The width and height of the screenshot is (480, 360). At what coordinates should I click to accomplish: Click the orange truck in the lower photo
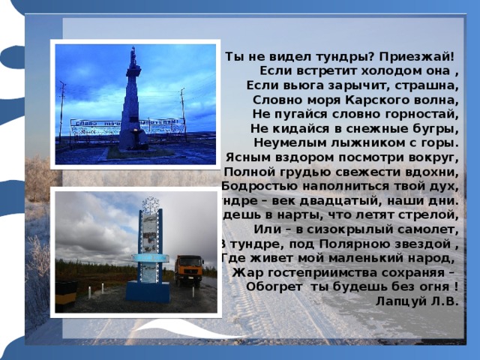click(x=188, y=269)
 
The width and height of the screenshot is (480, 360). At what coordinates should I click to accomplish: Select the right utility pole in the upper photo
click(x=182, y=112)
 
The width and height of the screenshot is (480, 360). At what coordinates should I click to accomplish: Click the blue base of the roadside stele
click(x=147, y=290)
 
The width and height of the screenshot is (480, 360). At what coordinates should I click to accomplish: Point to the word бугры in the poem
click(x=438, y=128)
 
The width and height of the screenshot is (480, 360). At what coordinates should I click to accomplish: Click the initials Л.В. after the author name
click(x=444, y=300)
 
